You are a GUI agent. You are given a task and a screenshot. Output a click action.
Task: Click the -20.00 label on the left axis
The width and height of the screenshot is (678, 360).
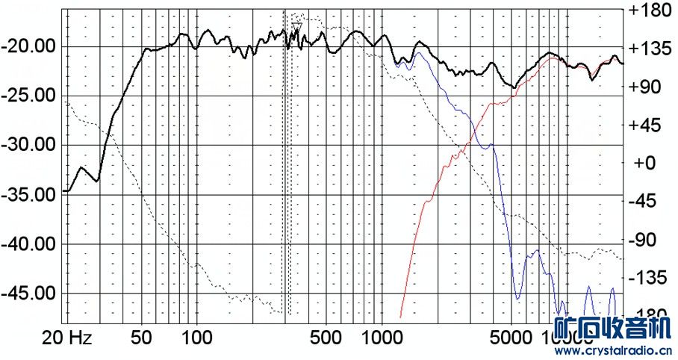[x=28, y=46]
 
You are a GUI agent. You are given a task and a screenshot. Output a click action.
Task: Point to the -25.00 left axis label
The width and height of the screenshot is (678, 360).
[x=28, y=96]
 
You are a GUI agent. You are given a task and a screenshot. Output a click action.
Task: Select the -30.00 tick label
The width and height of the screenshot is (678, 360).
[x=28, y=145]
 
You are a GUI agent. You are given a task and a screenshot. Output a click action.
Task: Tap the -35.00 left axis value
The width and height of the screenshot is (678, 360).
[x=28, y=194]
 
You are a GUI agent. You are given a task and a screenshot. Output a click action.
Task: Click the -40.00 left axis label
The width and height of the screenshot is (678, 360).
[x=28, y=243]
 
